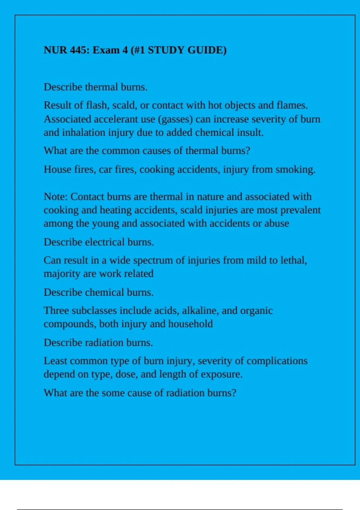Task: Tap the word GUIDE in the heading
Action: pyautogui.click(x=207, y=50)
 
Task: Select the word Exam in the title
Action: pyautogui.click(x=106, y=50)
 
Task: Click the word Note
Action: pyautogui.click(x=56, y=196)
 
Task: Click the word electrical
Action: pyautogui.click(x=105, y=242)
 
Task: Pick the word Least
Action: pyautogui.click(x=55, y=361)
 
